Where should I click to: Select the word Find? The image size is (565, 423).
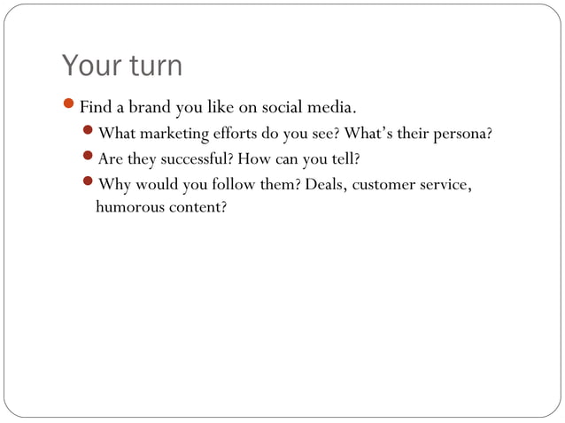[x=95, y=109]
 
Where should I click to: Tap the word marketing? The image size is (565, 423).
[x=174, y=135]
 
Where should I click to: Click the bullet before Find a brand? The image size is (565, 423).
[x=70, y=109]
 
